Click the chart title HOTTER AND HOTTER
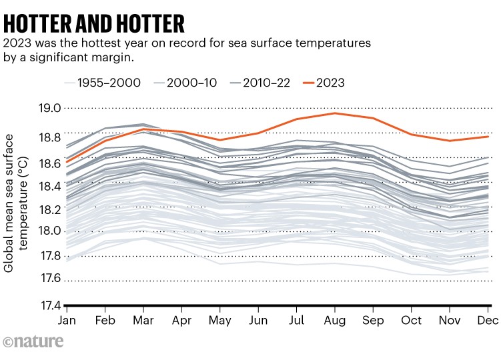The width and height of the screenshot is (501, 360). (x=94, y=23)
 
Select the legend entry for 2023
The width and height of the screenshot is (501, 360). (x=320, y=83)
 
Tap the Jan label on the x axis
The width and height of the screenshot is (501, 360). (x=67, y=321)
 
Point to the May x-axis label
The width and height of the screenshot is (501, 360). (x=221, y=321)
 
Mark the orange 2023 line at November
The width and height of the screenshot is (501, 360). (x=450, y=141)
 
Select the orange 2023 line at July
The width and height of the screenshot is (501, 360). (x=297, y=119)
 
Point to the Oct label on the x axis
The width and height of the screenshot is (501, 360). (x=412, y=321)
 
